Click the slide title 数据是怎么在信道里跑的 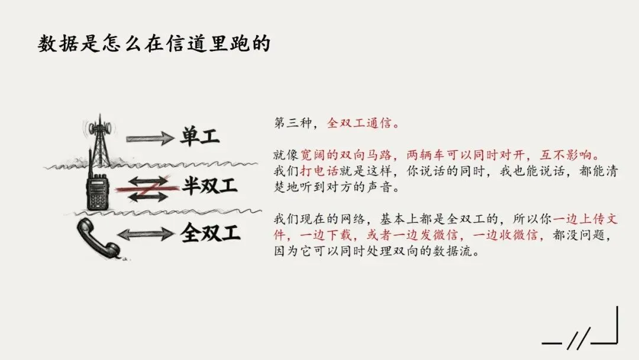(154, 43)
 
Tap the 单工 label (200, 138)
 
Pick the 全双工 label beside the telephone (210, 233)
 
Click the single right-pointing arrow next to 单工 (150, 139)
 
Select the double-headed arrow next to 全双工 (146, 234)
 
